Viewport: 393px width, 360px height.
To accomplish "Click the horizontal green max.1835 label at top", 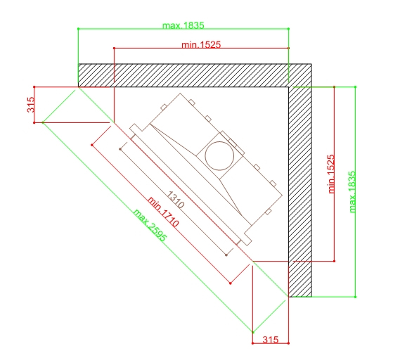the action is coord(183,25).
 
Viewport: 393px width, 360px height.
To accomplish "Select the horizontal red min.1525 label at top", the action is coord(201,45).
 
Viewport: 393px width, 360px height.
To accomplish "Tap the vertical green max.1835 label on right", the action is coord(352,192).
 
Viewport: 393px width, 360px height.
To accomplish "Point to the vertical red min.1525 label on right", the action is coord(331,174).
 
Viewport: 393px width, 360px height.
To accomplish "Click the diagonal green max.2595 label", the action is coord(150,226).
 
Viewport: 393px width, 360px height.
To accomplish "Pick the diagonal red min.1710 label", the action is coord(163,212).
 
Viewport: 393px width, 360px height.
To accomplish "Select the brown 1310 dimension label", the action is coord(176,200).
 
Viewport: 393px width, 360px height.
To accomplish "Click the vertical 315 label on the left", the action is coord(30,105).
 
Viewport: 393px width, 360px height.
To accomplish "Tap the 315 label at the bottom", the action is coord(271,340).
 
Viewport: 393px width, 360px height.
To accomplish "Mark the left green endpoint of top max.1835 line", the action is coord(78,29).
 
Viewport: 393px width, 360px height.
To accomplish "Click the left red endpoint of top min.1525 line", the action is coord(114,48).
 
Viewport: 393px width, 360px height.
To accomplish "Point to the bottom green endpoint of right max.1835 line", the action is coord(355,297).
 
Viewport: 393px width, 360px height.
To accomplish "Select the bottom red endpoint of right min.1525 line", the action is coord(334,262).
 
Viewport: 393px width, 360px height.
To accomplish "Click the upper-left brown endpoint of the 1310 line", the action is coord(120,149).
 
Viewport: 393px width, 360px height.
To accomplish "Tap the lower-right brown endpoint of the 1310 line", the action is coord(226,255).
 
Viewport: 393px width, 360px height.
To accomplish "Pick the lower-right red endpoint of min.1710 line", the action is coord(231,283).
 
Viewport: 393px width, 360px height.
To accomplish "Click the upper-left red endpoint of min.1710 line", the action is coord(92,145).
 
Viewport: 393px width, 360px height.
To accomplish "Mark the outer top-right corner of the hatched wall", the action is coord(311,64).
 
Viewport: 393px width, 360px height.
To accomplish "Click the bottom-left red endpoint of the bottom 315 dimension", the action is coord(252,343).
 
